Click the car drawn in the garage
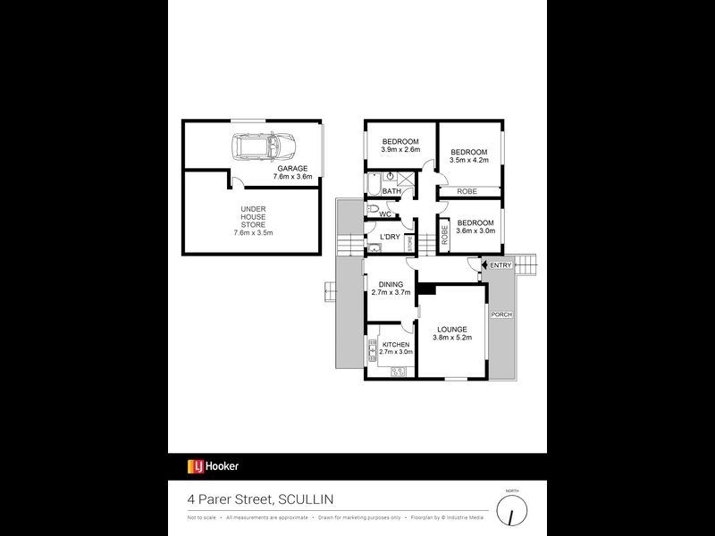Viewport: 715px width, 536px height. (264, 145)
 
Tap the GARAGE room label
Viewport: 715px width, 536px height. (291, 169)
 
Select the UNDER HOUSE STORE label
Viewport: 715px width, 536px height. (253, 220)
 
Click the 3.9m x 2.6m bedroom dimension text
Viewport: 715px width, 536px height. (400, 151)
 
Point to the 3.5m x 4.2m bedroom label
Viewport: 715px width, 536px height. (468, 152)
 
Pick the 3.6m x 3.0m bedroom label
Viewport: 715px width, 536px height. (475, 223)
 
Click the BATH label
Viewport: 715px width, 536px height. (391, 191)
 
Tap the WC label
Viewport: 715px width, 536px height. (385, 214)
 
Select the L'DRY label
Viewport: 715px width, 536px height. (390, 237)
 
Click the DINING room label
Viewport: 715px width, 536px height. (391, 285)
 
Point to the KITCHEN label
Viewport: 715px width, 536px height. (395, 345)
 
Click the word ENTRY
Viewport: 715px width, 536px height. (500, 264)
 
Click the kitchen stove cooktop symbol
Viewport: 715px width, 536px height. (399, 372)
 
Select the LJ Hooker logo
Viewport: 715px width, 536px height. (213, 465)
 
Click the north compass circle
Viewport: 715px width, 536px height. (512, 511)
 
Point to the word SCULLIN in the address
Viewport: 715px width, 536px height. (308, 499)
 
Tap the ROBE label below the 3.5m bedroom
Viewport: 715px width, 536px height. (467, 192)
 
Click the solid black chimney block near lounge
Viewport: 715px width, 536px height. (429, 289)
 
